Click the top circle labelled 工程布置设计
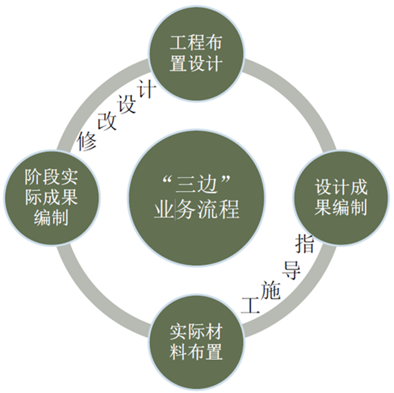196,53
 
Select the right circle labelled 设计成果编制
341,198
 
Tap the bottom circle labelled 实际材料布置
196,342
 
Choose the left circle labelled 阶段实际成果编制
52,198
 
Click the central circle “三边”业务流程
196,198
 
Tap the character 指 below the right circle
305,243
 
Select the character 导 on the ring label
292,270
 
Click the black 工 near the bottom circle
250,305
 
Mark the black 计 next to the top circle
147,90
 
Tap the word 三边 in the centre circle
197,185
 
